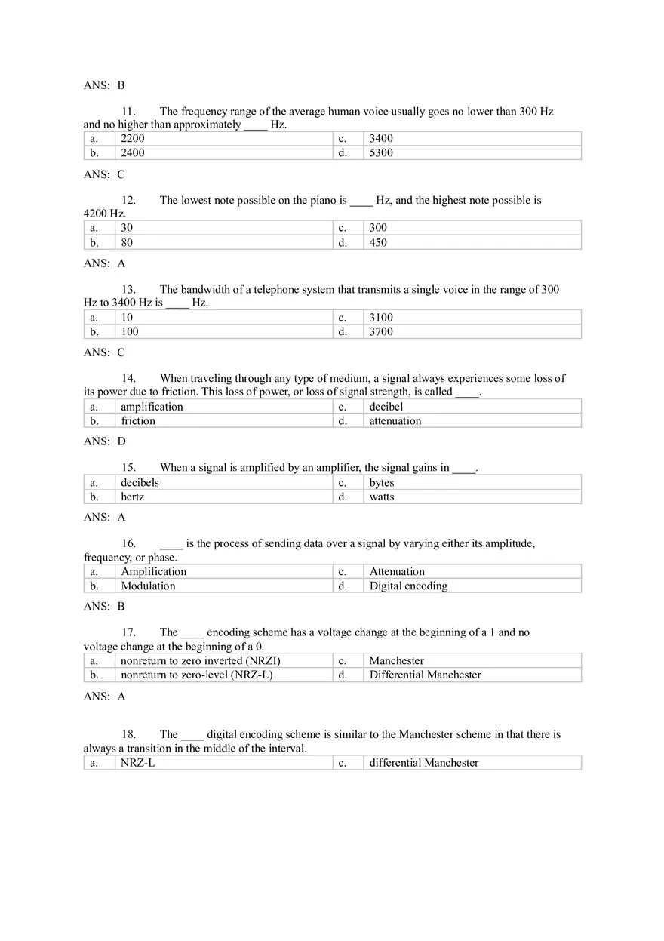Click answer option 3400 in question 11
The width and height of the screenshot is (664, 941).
pos(381,138)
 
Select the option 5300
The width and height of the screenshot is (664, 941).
pos(381,152)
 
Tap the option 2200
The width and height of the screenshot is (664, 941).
pos(133,138)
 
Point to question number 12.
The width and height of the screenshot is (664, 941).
pos(129,201)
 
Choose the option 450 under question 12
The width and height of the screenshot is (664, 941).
pos(378,242)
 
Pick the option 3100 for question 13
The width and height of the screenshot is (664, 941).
pos(381,317)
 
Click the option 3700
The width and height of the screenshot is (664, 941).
pos(381,331)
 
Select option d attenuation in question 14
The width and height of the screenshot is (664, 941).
pos(395,421)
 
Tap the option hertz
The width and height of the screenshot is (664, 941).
pos(133,497)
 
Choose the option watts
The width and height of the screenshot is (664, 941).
pos(382,497)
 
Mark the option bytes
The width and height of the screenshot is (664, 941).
pos(382,482)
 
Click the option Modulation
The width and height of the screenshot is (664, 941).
pos(149,586)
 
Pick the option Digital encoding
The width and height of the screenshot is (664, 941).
pos(408,586)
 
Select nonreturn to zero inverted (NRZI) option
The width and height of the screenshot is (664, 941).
pos(201,660)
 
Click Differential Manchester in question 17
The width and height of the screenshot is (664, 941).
pos(425,675)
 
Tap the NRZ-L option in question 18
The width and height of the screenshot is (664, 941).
pos(138,763)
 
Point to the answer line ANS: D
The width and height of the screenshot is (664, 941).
pos(105,441)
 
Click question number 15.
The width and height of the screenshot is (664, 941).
pos(129,468)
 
